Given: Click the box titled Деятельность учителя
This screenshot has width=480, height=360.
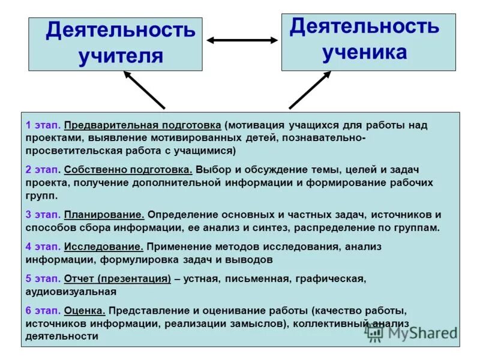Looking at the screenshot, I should coord(115,44).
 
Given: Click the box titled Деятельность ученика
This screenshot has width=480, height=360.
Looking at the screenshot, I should coord(368,40).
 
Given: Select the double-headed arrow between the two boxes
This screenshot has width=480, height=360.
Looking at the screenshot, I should coord(242,40).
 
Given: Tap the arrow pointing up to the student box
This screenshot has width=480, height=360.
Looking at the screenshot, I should coord(310,89).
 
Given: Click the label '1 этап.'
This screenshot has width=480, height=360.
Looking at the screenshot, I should coord(43,125).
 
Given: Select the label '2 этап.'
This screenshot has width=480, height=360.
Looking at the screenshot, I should coord(43,170).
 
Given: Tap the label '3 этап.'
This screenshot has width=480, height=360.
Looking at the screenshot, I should coord(43,214).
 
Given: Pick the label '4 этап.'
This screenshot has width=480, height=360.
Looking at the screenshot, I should coord(43,247).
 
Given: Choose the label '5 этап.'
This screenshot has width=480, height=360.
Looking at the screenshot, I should coord(43,278).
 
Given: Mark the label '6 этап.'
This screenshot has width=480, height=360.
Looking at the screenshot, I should coord(43,311).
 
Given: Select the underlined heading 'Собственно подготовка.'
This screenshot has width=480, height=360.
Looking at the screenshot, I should coord(128,170).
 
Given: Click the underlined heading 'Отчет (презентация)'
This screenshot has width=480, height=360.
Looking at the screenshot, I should coord(118,278).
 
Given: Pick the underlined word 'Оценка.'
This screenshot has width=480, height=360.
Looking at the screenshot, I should coord(85,311).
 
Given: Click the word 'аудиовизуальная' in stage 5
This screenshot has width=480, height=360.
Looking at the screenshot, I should coord(71,292).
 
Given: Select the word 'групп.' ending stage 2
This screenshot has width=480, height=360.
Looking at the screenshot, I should coord(42,196).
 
